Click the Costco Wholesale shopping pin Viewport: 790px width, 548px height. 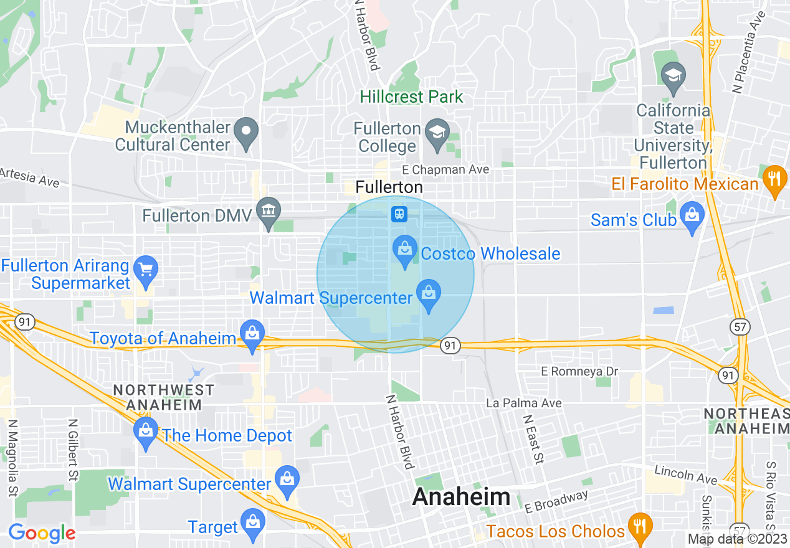point(405,250)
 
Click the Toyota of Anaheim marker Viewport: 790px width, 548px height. point(252,334)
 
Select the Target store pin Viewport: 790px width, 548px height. point(252,524)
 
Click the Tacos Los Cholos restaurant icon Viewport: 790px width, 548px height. point(639,528)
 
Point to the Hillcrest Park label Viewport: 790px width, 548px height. point(412,97)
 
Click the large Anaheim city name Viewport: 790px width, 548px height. point(461,497)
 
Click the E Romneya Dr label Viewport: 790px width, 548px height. point(579,371)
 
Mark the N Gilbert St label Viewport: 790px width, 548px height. point(73,450)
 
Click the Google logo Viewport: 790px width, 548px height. point(42,533)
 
